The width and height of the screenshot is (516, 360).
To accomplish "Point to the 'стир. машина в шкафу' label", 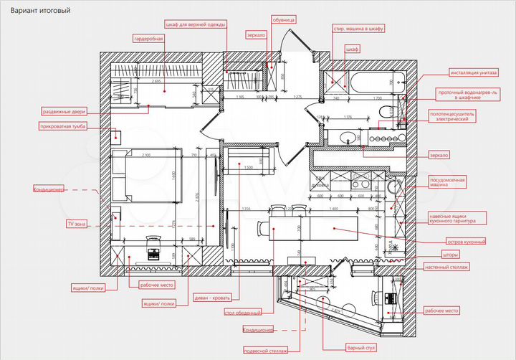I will [359, 29].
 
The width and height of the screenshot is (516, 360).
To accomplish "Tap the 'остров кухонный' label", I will [467, 242].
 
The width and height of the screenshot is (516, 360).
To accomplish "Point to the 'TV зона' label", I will [76, 224].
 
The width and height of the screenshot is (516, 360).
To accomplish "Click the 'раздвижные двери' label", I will [64, 112].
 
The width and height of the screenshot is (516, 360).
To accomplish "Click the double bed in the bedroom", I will [143, 178].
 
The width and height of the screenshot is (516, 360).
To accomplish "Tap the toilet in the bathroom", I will [388, 111].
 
